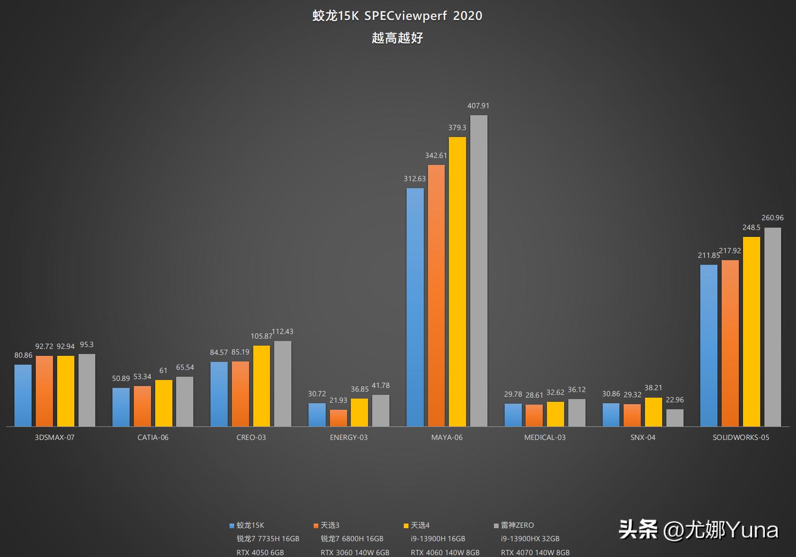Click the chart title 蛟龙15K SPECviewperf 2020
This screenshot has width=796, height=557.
[397, 16]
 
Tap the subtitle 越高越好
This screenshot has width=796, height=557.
[397, 38]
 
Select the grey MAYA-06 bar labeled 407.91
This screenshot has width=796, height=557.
[479, 270]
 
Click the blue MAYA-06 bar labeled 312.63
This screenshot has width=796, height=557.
[415, 307]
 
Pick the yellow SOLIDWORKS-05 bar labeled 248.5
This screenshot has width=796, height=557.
[751, 332]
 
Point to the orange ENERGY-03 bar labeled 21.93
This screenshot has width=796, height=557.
[338, 418]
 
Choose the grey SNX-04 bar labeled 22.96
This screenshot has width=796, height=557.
[675, 418]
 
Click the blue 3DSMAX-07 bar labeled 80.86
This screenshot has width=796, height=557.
[23, 395]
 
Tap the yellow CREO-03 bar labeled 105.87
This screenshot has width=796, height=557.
[262, 386]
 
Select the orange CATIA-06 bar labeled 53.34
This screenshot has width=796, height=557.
[142, 406]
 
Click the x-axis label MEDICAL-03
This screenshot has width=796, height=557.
[545, 437]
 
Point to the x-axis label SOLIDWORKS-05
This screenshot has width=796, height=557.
[741, 437]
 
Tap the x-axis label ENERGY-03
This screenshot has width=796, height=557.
[349, 437]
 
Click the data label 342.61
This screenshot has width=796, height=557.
[436, 156]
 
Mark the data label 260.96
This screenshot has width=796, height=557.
[772, 218]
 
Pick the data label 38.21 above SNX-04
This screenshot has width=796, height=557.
[653, 388]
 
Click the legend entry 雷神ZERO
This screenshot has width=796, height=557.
[517, 525]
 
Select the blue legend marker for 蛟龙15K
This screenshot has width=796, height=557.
[232, 526]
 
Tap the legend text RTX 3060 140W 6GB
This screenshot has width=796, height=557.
[355, 552]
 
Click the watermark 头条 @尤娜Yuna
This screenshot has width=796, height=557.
[698, 530]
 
